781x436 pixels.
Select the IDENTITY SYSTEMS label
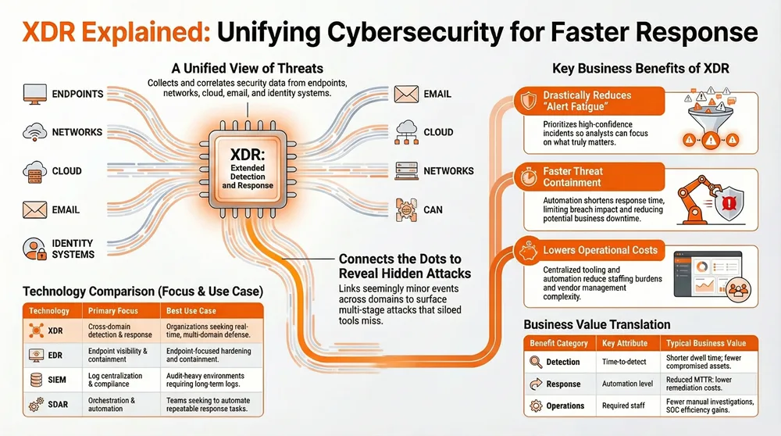click(x=73, y=248)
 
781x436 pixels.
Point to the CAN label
click(x=434, y=209)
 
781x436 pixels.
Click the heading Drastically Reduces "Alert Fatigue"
click(x=587, y=101)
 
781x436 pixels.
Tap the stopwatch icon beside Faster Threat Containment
click(x=527, y=176)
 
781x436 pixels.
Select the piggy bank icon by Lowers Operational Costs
click(x=527, y=252)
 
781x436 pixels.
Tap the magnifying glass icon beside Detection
click(x=536, y=362)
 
